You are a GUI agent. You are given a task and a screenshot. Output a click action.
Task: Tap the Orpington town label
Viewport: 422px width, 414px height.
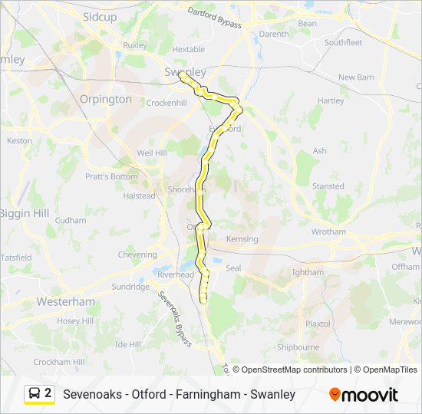pos(106,99)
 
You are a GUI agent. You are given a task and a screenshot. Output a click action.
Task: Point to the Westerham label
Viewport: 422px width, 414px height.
pos(65,301)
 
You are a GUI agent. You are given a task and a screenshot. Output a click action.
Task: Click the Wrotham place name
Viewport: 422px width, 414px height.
pos(328,232)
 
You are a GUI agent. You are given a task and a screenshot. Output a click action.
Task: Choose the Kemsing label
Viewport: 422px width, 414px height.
pos(242,239)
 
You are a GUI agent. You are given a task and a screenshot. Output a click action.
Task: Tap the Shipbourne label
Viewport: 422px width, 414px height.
pos(298,347)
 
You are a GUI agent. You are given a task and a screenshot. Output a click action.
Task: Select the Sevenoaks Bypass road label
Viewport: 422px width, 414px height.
pos(175,318)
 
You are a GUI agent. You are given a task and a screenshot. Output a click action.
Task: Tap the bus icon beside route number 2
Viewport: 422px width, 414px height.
pos(35,394)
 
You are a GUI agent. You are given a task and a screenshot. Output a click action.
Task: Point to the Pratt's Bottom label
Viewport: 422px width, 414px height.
pos(111,176)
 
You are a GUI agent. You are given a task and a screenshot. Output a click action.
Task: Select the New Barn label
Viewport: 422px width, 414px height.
pos(356,77)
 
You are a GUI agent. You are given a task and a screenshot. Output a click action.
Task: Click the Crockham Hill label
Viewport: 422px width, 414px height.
pos(58,362)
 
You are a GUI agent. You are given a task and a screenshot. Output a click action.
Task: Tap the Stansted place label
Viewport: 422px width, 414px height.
pos(328,186)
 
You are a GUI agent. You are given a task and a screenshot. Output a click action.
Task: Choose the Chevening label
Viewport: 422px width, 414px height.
pos(137,255)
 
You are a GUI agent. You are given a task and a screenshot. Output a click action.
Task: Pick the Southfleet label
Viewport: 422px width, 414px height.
pos(343,43)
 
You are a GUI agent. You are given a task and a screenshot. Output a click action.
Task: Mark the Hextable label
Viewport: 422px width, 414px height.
pos(188,49)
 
